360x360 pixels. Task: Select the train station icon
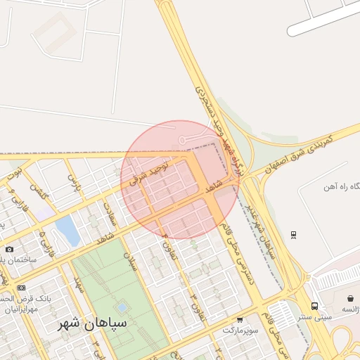point(293,235)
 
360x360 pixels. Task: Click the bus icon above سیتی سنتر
point(314,306)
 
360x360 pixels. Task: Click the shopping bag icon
point(349,299)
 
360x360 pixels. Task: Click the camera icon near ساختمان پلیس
point(9,249)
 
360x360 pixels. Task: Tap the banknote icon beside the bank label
point(21,288)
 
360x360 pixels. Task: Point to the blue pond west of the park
point(67,230)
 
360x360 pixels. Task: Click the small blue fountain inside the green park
point(122,307)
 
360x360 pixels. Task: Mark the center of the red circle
point(180,179)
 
